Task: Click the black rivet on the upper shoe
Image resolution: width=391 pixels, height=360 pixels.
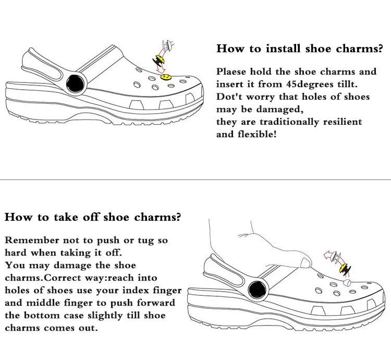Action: coord(76,83)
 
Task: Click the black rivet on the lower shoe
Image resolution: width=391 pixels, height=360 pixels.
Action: coord(256,287)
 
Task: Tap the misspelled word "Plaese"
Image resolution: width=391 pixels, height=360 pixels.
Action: coord(232,71)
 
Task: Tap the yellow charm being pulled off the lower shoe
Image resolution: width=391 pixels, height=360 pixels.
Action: coord(344,269)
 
